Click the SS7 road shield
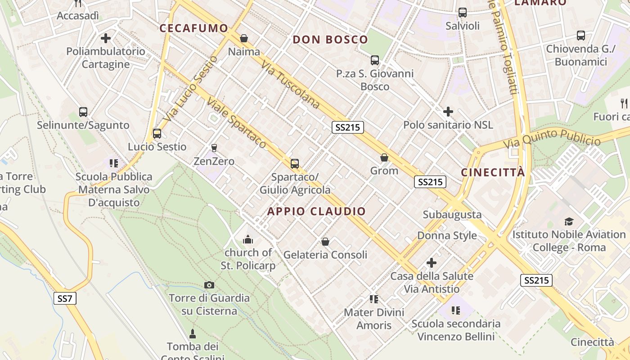[65, 298]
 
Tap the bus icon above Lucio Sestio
[157, 134]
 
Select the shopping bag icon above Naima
[244, 38]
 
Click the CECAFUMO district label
[194, 28]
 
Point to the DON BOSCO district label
[330, 40]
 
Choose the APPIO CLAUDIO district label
[317, 211]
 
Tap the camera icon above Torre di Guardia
[209, 285]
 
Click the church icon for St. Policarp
[247, 239]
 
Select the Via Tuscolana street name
[290, 85]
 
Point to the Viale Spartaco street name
[237, 123]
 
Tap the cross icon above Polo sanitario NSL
[448, 112]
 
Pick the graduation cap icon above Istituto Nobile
[569, 221]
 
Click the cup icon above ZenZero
[214, 148]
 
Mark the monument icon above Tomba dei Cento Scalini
[193, 333]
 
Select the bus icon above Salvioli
[462, 13]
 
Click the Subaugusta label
[452, 215]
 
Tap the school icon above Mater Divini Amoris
[373, 299]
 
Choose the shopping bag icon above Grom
[384, 157]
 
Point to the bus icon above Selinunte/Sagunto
[83, 112]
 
